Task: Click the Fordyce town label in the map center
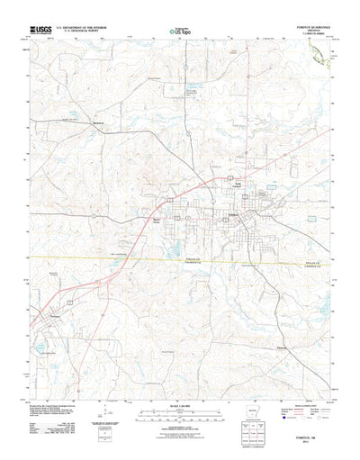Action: coord(231,216)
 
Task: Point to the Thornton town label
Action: coord(59,317)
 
